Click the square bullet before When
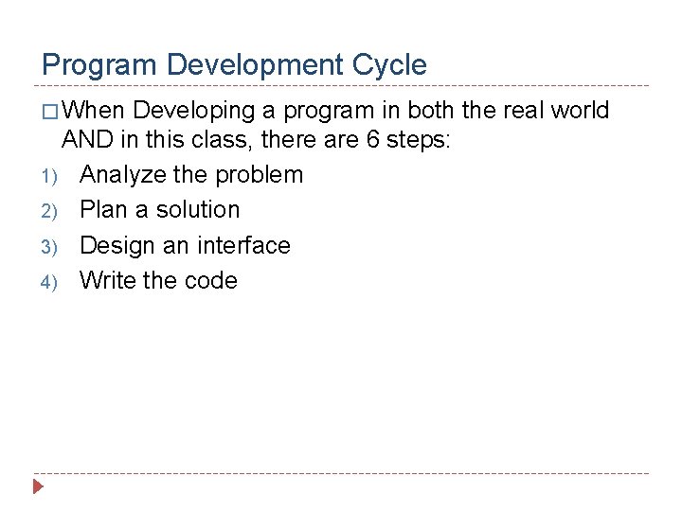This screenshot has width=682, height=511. pos(50,112)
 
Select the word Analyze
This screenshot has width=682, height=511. pos(124,175)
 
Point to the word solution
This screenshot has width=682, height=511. pos(198,210)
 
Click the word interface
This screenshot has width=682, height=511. pos(244,245)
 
